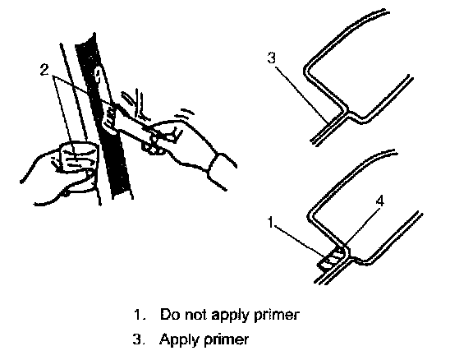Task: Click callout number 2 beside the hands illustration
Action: [44, 70]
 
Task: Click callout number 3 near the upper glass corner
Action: [272, 58]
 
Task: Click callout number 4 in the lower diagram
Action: [380, 201]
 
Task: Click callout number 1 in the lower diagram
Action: [271, 223]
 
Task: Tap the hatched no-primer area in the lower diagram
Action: [331, 259]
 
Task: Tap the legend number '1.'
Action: [140, 315]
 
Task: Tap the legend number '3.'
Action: [139, 339]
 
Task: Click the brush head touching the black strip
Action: [110, 118]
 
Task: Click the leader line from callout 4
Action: [361, 225]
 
